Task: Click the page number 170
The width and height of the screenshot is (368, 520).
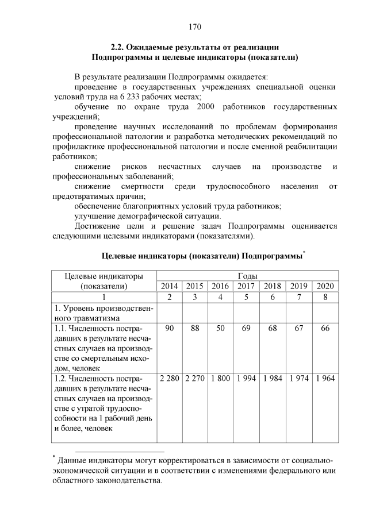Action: click(195, 26)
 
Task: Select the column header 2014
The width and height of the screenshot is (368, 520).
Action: click(170, 286)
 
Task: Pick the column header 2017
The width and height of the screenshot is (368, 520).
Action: click(246, 286)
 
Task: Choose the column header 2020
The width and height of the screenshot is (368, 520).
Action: click(325, 286)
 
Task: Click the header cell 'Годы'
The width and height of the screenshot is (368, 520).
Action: click(247, 276)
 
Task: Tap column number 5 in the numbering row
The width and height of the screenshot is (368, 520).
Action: click(246, 297)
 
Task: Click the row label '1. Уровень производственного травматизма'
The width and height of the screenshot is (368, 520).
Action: click(103, 313)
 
